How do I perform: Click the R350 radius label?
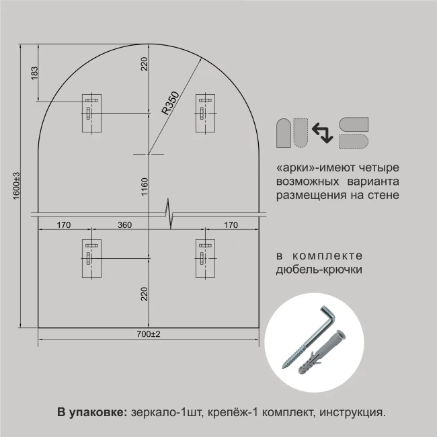tap(170, 103)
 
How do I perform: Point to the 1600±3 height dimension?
tap(17, 186)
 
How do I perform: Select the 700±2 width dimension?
tap(149, 334)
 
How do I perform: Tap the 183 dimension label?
tap(34, 73)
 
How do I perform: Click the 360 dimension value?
tap(124, 225)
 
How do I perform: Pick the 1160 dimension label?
tap(145, 187)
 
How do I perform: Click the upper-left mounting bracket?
tap(91, 113)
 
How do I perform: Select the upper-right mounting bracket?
tap(206, 113)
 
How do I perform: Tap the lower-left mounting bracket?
tap(91, 258)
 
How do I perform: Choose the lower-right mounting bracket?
tap(206, 258)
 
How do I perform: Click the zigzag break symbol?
tap(169, 214)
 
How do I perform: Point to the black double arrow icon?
tap(323, 133)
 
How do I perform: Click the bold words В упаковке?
tap(92, 412)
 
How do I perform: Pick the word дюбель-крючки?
tap(319, 270)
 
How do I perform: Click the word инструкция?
tap(352, 413)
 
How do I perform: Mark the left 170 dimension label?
tap(64, 225)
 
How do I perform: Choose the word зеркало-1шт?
tap(166, 413)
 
